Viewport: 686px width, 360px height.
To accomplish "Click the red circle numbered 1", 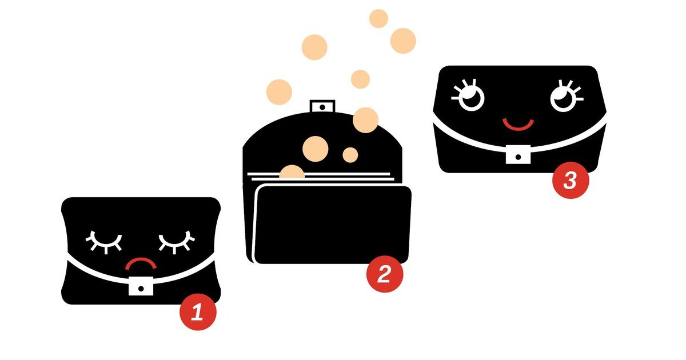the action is pos(198,312).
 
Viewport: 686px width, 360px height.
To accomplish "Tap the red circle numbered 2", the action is pos(385,274).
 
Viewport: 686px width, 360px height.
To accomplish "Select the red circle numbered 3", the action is pos(571,181).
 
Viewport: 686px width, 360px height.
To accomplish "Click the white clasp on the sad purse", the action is pos(141,286).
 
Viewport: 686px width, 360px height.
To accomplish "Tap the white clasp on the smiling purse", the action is pos(518,154).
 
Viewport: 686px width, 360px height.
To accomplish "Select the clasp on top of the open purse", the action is pos(322,106).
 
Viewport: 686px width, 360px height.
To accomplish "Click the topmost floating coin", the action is pos(378,18).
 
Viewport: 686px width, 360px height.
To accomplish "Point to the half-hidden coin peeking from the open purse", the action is pos(292,172).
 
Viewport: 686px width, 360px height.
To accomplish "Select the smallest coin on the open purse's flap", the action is pos(350,155).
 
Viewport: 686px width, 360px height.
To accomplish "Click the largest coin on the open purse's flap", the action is pos(316,149).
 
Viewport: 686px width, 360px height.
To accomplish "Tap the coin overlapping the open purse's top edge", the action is pos(366,120).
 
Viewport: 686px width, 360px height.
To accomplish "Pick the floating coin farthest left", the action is pos(279,92).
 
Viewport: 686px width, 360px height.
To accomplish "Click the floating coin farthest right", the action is pos(403,41).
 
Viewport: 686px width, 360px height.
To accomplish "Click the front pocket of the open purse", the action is pos(332,225).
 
